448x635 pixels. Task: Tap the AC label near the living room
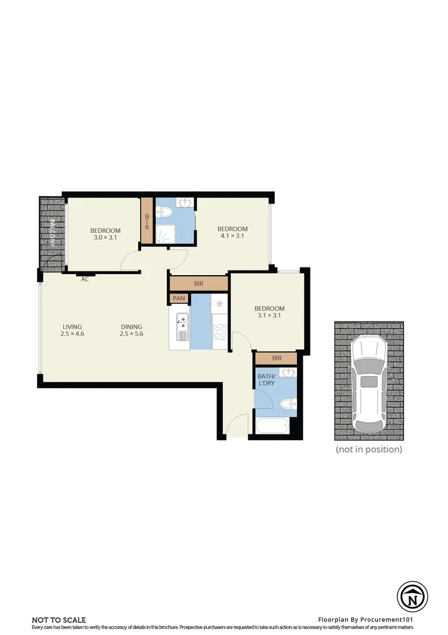click(x=85, y=279)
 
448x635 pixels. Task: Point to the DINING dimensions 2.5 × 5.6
click(x=132, y=334)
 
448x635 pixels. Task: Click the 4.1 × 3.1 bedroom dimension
click(x=232, y=236)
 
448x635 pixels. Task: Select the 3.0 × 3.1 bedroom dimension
click(x=105, y=238)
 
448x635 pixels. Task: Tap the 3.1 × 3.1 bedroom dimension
click(x=269, y=316)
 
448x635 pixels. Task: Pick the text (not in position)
click(x=369, y=449)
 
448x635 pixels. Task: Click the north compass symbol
click(x=412, y=597)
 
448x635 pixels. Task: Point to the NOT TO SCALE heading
click(x=59, y=620)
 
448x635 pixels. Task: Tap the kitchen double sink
click(x=182, y=323)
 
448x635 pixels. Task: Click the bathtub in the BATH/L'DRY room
click(x=273, y=426)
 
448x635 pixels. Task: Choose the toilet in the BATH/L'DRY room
click(x=287, y=404)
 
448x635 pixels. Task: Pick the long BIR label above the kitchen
click(x=199, y=283)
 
